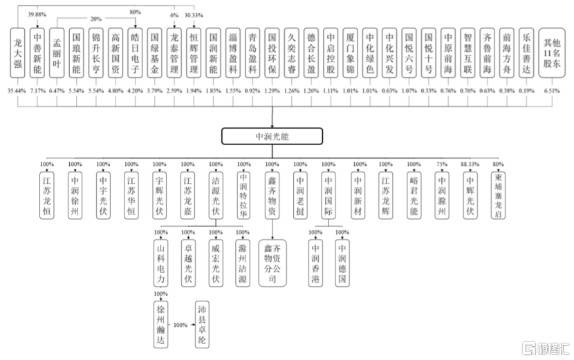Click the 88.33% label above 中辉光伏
click(470, 164)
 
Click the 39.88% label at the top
click(37, 13)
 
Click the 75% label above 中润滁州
click(441, 164)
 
